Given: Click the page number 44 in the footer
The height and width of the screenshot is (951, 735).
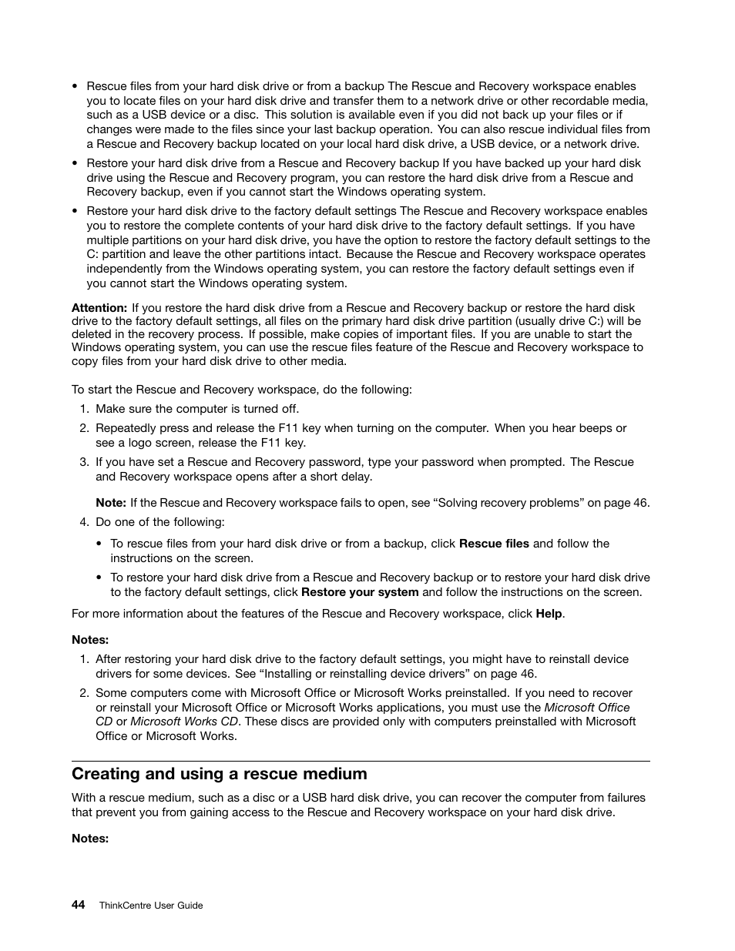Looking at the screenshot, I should coord(78,905).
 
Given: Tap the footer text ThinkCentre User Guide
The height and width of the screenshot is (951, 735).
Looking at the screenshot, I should coord(151,906).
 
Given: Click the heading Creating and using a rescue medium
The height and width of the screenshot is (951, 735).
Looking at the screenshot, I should coord(220,774).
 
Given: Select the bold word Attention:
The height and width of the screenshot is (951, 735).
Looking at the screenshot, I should coord(99,307).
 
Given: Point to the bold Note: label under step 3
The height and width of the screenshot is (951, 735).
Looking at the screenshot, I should coord(111,503).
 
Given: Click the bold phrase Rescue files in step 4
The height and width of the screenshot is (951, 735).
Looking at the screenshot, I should coord(494,544).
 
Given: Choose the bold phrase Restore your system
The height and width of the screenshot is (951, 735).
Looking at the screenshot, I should coord(360,592).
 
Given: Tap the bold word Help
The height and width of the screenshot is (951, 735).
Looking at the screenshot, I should coord(549,614).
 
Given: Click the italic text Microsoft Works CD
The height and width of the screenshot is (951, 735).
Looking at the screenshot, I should coord(184,722).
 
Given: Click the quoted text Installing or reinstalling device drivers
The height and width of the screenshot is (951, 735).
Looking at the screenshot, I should coord(364,673).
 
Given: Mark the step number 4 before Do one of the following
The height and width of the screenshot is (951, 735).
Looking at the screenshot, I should coord(83,522).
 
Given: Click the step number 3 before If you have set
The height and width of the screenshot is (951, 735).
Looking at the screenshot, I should coord(83,462).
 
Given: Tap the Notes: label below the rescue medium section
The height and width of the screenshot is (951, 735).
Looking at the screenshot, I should coord(90,839).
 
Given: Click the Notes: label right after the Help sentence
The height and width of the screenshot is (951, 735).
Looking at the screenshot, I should coord(90,640).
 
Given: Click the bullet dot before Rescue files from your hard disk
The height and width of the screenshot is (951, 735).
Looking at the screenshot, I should coord(75,87).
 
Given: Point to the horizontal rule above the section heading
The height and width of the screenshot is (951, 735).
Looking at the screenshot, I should coord(361,762).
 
